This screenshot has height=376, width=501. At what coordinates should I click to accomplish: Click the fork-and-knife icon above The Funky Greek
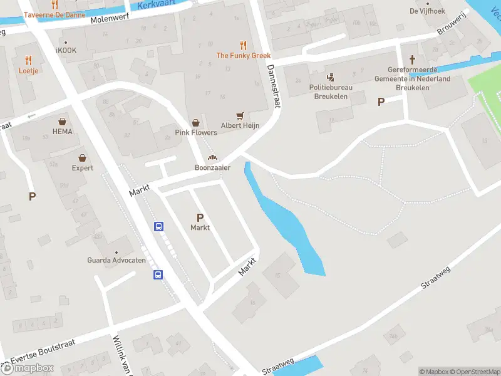point(243,45)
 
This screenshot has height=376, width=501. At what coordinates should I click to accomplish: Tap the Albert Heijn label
point(240,125)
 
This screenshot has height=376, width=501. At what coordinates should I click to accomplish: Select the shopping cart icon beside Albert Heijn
point(240,116)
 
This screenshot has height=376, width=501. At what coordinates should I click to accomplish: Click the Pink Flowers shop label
point(196,133)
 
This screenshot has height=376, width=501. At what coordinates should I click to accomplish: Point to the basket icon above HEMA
point(63,122)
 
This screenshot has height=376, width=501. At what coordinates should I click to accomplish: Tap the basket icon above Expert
point(82,158)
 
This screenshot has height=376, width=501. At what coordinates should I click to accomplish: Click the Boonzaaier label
point(212,168)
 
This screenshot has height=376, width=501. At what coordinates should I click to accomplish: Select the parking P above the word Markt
point(200,218)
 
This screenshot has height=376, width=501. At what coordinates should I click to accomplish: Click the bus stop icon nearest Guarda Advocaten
point(158,274)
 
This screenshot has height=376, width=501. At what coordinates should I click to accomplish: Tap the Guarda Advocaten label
point(116,260)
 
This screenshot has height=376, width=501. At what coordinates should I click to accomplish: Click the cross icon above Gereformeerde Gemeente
point(412,60)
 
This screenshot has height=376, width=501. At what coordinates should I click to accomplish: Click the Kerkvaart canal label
point(155,6)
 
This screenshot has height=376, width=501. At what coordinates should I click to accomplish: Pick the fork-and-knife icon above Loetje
point(28,60)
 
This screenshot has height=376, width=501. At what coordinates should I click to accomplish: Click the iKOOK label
point(66,50)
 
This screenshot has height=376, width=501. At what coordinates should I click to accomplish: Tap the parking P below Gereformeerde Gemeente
point(380,102)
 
